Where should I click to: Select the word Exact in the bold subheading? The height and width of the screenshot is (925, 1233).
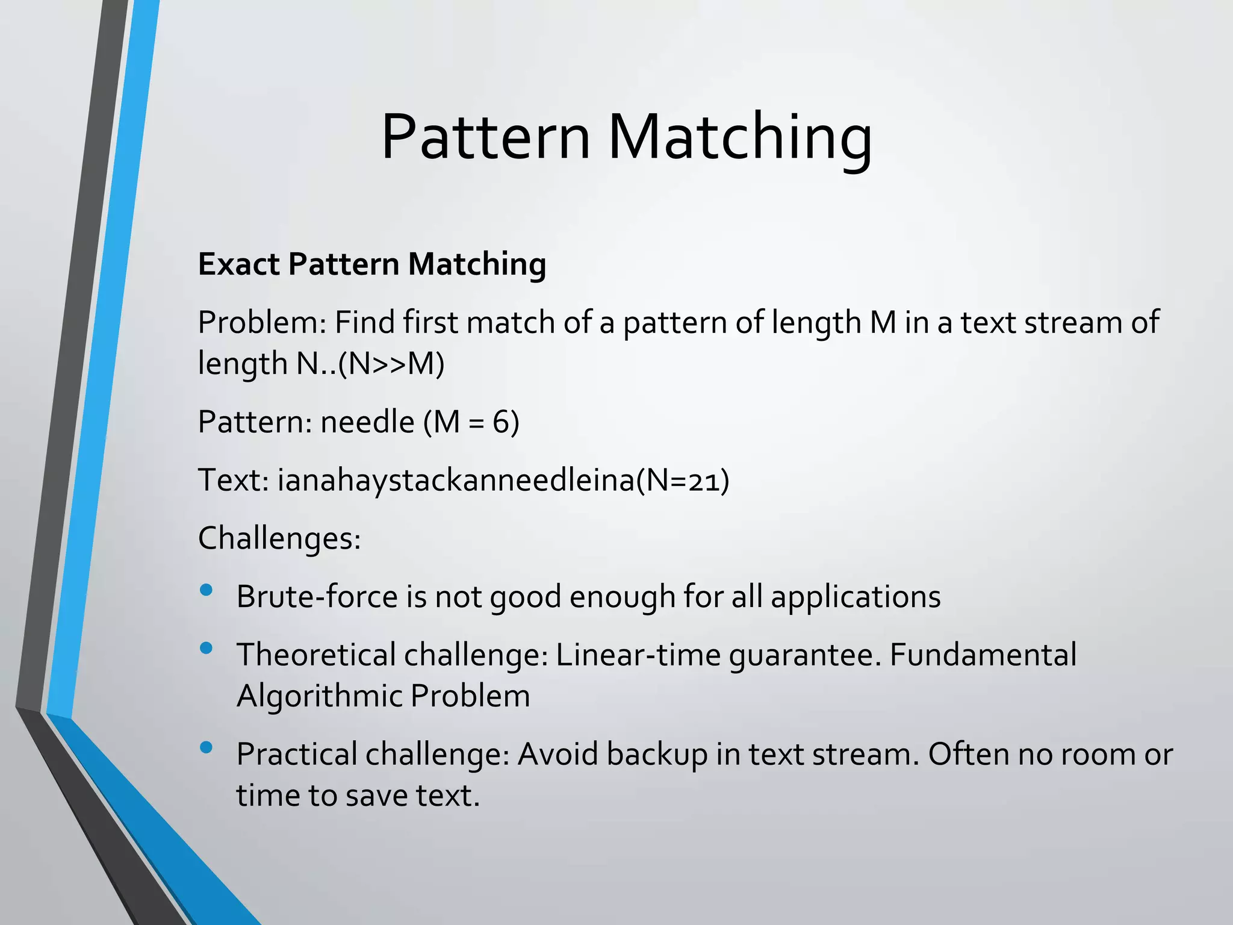tap(238, 264)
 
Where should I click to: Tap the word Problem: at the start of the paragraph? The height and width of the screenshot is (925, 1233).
tap(262, 323)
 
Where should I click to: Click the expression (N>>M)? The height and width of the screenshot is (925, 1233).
tap(391, 363)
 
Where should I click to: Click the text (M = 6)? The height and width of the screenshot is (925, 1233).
tap(471, 422)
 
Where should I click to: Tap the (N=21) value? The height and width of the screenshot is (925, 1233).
tap(683, 481)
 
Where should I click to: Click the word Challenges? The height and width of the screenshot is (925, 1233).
tap(279, 538)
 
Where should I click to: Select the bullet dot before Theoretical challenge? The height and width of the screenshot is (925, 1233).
tap(206, 648)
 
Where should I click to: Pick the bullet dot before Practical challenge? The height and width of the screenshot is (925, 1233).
tap(206, 747)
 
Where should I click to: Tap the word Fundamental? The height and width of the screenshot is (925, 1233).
tap(983, 655)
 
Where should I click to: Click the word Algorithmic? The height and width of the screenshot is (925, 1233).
tap(318, 696)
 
